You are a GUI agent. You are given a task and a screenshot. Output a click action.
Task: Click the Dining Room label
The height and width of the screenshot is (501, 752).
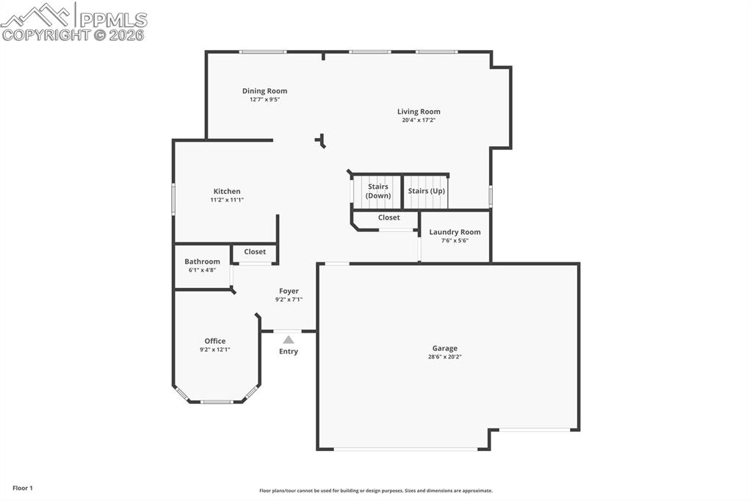264,91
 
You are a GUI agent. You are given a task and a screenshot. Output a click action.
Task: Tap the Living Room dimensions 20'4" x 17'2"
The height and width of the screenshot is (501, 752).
419,120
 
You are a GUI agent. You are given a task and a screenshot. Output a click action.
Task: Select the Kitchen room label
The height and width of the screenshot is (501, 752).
227,191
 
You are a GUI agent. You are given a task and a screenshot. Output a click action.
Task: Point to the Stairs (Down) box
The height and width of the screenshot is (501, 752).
378,191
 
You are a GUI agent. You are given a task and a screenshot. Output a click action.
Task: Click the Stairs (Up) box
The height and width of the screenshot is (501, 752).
427,191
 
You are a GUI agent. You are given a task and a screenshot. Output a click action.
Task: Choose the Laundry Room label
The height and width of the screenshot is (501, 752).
455,232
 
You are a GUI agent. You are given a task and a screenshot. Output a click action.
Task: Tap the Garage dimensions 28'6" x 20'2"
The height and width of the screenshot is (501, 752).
444,357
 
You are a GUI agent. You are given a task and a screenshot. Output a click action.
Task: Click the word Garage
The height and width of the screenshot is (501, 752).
444,348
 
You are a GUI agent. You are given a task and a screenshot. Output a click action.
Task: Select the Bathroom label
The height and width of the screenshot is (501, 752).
202,262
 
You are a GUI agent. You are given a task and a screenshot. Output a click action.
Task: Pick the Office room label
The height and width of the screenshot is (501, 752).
215,341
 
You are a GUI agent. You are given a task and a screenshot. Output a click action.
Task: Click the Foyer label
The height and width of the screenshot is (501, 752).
289,291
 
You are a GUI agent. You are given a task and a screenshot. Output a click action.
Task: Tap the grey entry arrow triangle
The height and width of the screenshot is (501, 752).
289,339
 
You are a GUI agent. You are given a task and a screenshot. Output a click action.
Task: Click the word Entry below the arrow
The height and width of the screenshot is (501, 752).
289,351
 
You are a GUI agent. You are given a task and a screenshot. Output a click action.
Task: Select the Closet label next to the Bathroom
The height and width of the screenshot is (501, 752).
255,251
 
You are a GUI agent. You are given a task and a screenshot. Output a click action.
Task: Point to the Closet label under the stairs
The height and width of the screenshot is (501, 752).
388,217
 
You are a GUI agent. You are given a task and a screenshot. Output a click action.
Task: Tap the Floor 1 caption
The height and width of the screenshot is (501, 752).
23,488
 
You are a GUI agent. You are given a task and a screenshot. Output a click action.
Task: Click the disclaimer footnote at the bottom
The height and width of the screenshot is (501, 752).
375,491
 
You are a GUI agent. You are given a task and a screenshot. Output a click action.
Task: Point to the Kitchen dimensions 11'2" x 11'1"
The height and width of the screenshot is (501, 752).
227,200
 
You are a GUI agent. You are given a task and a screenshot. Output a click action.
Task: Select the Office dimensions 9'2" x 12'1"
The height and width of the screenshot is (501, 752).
215,350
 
